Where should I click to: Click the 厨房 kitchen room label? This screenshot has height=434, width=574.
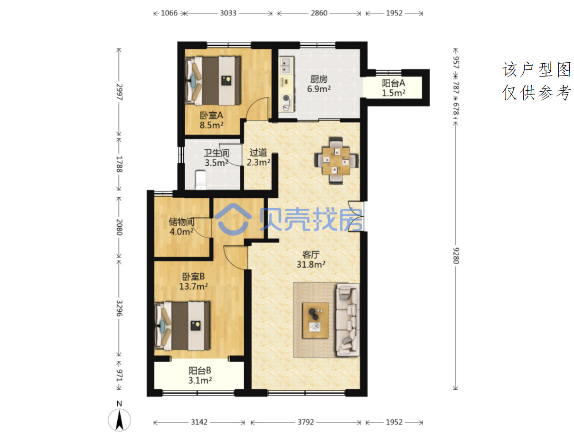coord(319,79)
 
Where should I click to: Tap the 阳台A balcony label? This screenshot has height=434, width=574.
coord(393,83)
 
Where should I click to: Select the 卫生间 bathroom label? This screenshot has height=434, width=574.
coord(216,153)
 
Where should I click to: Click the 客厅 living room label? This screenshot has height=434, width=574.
coord(311,254)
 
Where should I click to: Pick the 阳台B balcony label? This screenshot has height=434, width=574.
coord(200,370)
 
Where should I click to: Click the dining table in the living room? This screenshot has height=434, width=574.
coord(336,161)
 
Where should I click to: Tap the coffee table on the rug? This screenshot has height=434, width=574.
coord(315,320)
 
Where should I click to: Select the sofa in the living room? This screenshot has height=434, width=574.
coord(348,320)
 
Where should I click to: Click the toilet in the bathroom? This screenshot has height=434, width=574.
coord(200,180)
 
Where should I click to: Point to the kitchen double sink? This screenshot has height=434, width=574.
coord(286,66)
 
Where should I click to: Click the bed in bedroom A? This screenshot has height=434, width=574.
coord(213,81)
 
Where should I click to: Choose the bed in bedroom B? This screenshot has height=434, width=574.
coord(182,326)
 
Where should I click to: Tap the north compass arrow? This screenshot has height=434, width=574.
coord(120,421)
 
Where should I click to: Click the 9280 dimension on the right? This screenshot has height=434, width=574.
coord(455,256)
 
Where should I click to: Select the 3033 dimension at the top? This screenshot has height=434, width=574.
coord(228,13)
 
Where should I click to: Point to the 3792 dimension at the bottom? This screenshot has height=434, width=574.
coord(306,422)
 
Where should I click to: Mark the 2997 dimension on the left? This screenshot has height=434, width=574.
coord(119,92)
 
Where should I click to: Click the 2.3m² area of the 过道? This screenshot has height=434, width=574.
coord(258,162)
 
